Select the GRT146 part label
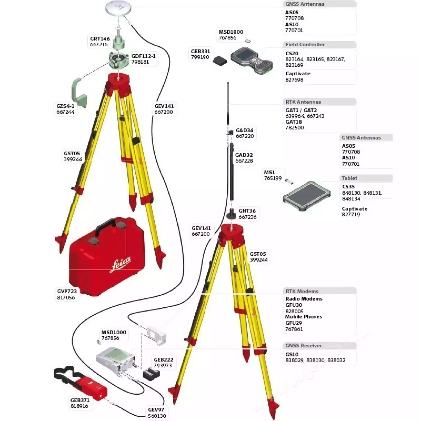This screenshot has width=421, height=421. pos(100,39)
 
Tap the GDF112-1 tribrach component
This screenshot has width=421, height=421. pos(118,60)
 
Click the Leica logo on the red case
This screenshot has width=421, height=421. pos(120,264)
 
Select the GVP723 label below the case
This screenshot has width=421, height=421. pos(67,291)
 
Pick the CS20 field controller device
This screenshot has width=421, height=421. pos(251,60)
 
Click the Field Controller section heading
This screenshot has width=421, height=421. pos(305,45)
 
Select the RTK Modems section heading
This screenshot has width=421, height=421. pos(302,291)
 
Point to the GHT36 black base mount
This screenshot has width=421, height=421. pos(232,214)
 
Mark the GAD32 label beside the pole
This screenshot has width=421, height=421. pos(244,155)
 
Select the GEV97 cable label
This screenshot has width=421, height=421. pos(156,410)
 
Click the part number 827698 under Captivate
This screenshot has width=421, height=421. pos(294,80)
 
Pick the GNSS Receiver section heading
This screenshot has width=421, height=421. pos(304,346)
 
